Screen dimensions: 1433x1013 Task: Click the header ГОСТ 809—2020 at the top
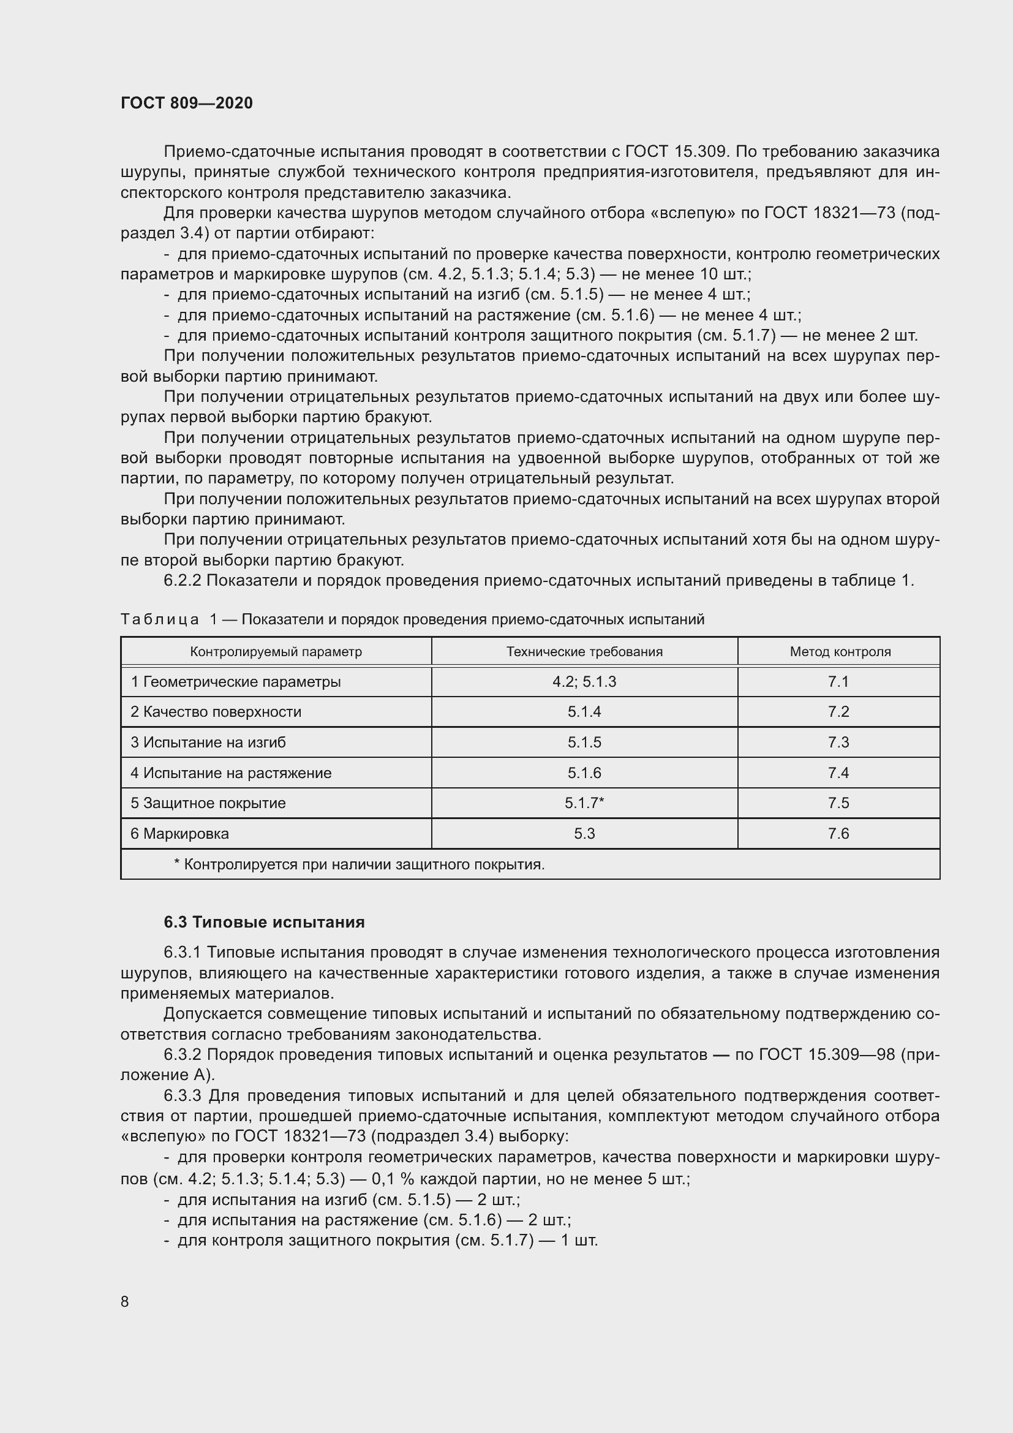point(187,103)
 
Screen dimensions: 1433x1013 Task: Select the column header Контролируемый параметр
point(276,652)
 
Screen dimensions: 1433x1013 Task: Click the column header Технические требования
point(584,652)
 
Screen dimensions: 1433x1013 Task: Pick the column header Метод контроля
point(840,652)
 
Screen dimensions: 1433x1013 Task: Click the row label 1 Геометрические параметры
point(236,681)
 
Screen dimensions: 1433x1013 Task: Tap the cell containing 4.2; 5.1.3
point(584,681)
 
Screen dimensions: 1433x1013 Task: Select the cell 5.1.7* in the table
point(584,803)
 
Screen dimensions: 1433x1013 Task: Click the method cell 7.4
point(838,773)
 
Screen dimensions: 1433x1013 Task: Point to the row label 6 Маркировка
point(179,833)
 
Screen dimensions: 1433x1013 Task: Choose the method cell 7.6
point(838,833)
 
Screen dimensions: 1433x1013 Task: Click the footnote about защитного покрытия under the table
point(359,864)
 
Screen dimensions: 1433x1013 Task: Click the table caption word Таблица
point(160,619)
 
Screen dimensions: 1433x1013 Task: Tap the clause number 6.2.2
point(182,580)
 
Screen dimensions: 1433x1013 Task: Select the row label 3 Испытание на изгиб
point(208,742)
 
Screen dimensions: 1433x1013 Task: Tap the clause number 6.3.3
point(182,1095)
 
